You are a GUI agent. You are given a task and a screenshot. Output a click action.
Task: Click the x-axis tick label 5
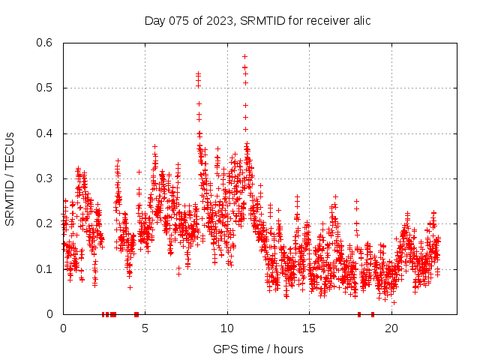tap(145, 328)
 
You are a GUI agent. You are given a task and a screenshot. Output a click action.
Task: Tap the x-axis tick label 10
tap(227, 328)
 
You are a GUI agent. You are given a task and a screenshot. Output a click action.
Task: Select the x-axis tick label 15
tap(310, 328)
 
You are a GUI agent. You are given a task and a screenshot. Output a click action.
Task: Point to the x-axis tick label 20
tap(391, 328)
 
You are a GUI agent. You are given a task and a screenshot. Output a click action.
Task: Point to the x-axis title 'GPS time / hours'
tap(258, 349)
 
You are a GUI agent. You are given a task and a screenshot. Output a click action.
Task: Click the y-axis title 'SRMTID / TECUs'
tap(10, 178)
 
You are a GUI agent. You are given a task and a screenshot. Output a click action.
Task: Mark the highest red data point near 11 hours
tap(244, 56)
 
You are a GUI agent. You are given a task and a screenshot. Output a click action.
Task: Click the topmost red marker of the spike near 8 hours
tap(198, 73)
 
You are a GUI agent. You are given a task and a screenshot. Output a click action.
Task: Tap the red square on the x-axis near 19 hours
tap(373, 314)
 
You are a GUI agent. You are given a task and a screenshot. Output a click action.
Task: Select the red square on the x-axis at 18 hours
tap(359, 314)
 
